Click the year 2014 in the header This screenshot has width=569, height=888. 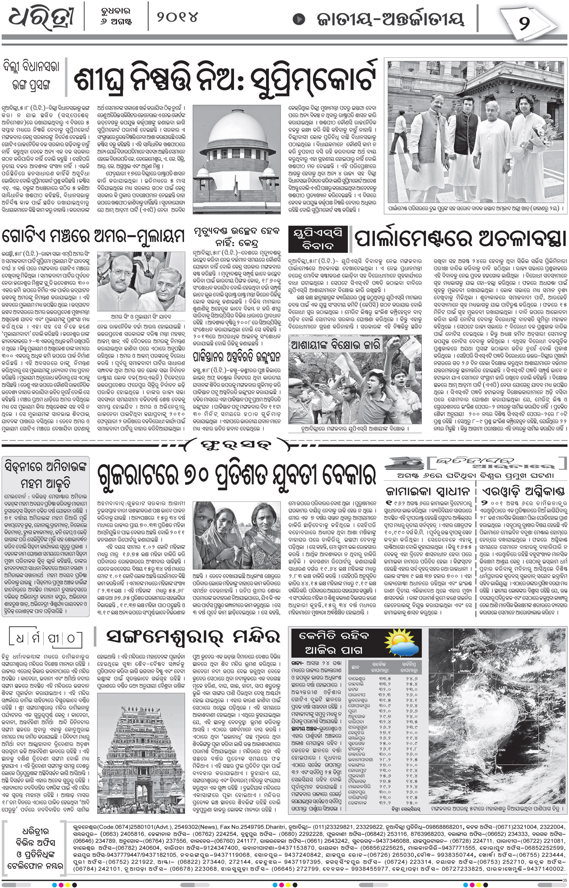(177, 17)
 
